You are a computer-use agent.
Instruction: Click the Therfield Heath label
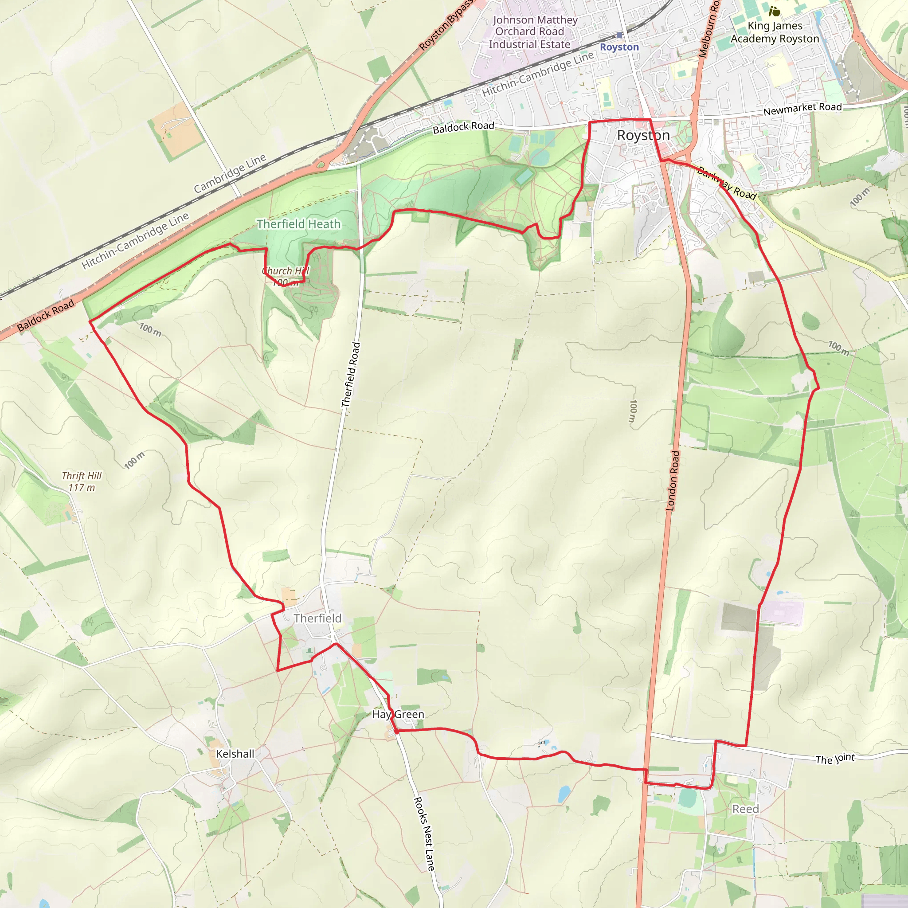coord(298,224)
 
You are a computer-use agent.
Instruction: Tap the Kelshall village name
coord(235,753)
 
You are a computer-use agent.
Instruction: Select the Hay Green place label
coord(398,714)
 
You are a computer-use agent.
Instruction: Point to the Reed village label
coord(745,809)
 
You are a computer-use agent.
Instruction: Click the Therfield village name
coord(317,618)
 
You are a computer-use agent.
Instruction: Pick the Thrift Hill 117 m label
coord(82,481)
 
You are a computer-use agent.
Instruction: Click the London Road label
coord(673,481)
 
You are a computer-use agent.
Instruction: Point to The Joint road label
coord(835,759)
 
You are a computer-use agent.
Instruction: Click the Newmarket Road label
coord(802,109)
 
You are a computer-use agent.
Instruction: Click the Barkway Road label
coord(727,183)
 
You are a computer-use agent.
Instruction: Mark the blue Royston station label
coord(619,47)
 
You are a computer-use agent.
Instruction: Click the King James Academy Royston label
coord(775,32)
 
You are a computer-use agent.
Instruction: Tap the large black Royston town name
coord(643,135)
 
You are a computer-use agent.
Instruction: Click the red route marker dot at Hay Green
coord(397,731)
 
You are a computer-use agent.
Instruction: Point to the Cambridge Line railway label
coord(230,173)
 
